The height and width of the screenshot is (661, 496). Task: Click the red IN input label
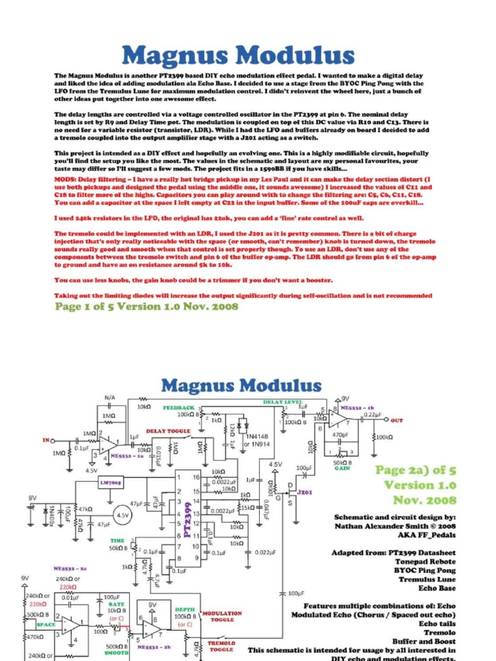[46, 440]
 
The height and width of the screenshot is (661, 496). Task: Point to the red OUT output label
[397, 420]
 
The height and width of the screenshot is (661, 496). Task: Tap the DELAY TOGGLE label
[165, 431]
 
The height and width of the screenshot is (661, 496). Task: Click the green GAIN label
[342, 469]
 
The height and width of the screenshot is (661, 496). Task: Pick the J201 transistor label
[305, 493]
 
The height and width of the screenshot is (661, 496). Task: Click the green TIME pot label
[118, 541]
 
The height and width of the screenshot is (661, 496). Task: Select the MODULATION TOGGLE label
[222, 616]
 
